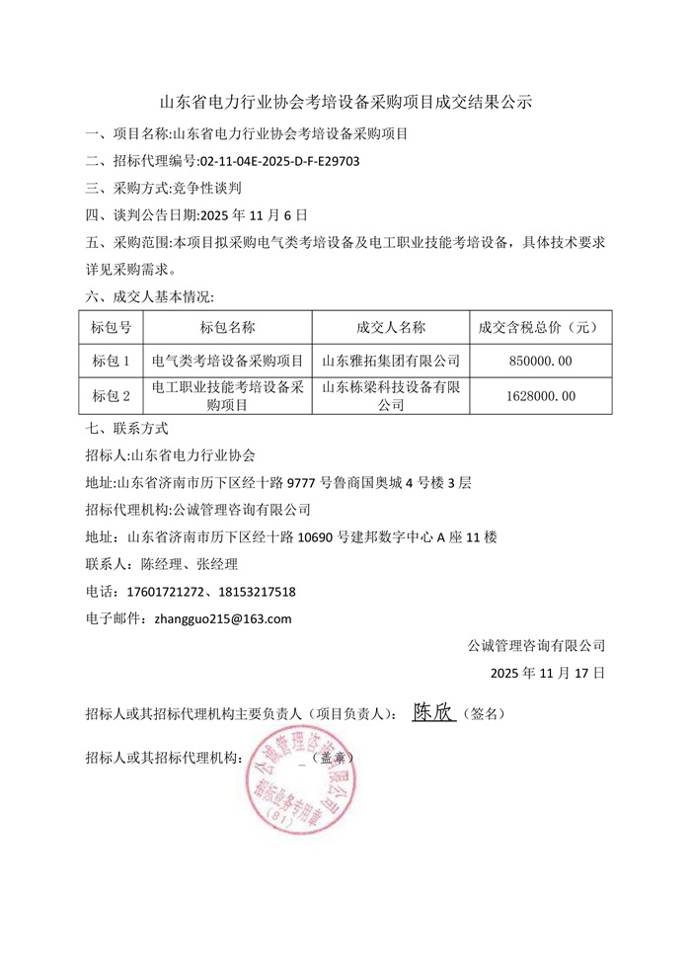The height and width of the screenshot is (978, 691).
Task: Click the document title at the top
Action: (345, 101)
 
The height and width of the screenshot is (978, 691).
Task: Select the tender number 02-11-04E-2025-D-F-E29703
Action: (279, 160)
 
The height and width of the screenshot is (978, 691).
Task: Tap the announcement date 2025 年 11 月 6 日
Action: (255, 213)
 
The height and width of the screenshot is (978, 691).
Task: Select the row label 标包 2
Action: (111, 395)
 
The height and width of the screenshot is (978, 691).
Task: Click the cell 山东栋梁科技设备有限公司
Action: (391, 395)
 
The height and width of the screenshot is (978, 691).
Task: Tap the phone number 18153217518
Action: (252, 592)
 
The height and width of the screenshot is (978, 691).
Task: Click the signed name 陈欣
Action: (433, 712)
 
